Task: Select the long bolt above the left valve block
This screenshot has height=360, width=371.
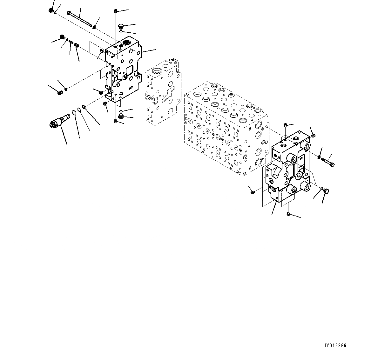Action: pos(79,19)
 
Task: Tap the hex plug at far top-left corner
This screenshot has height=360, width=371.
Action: pos(51,10)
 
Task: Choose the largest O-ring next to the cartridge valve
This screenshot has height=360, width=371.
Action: pos(73,112)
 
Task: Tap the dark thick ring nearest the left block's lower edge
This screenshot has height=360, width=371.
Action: pos(84,107)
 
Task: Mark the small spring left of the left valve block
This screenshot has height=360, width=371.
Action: pos(71,42)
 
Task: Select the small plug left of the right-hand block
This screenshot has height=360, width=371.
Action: pos(253,191)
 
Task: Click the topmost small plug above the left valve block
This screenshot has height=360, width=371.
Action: pos(116,11)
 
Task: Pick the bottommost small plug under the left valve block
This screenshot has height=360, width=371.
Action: pos(116,121)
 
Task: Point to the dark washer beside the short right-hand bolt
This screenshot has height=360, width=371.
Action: pos(319,155)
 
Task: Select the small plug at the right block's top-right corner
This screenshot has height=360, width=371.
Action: pos(314,136)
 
